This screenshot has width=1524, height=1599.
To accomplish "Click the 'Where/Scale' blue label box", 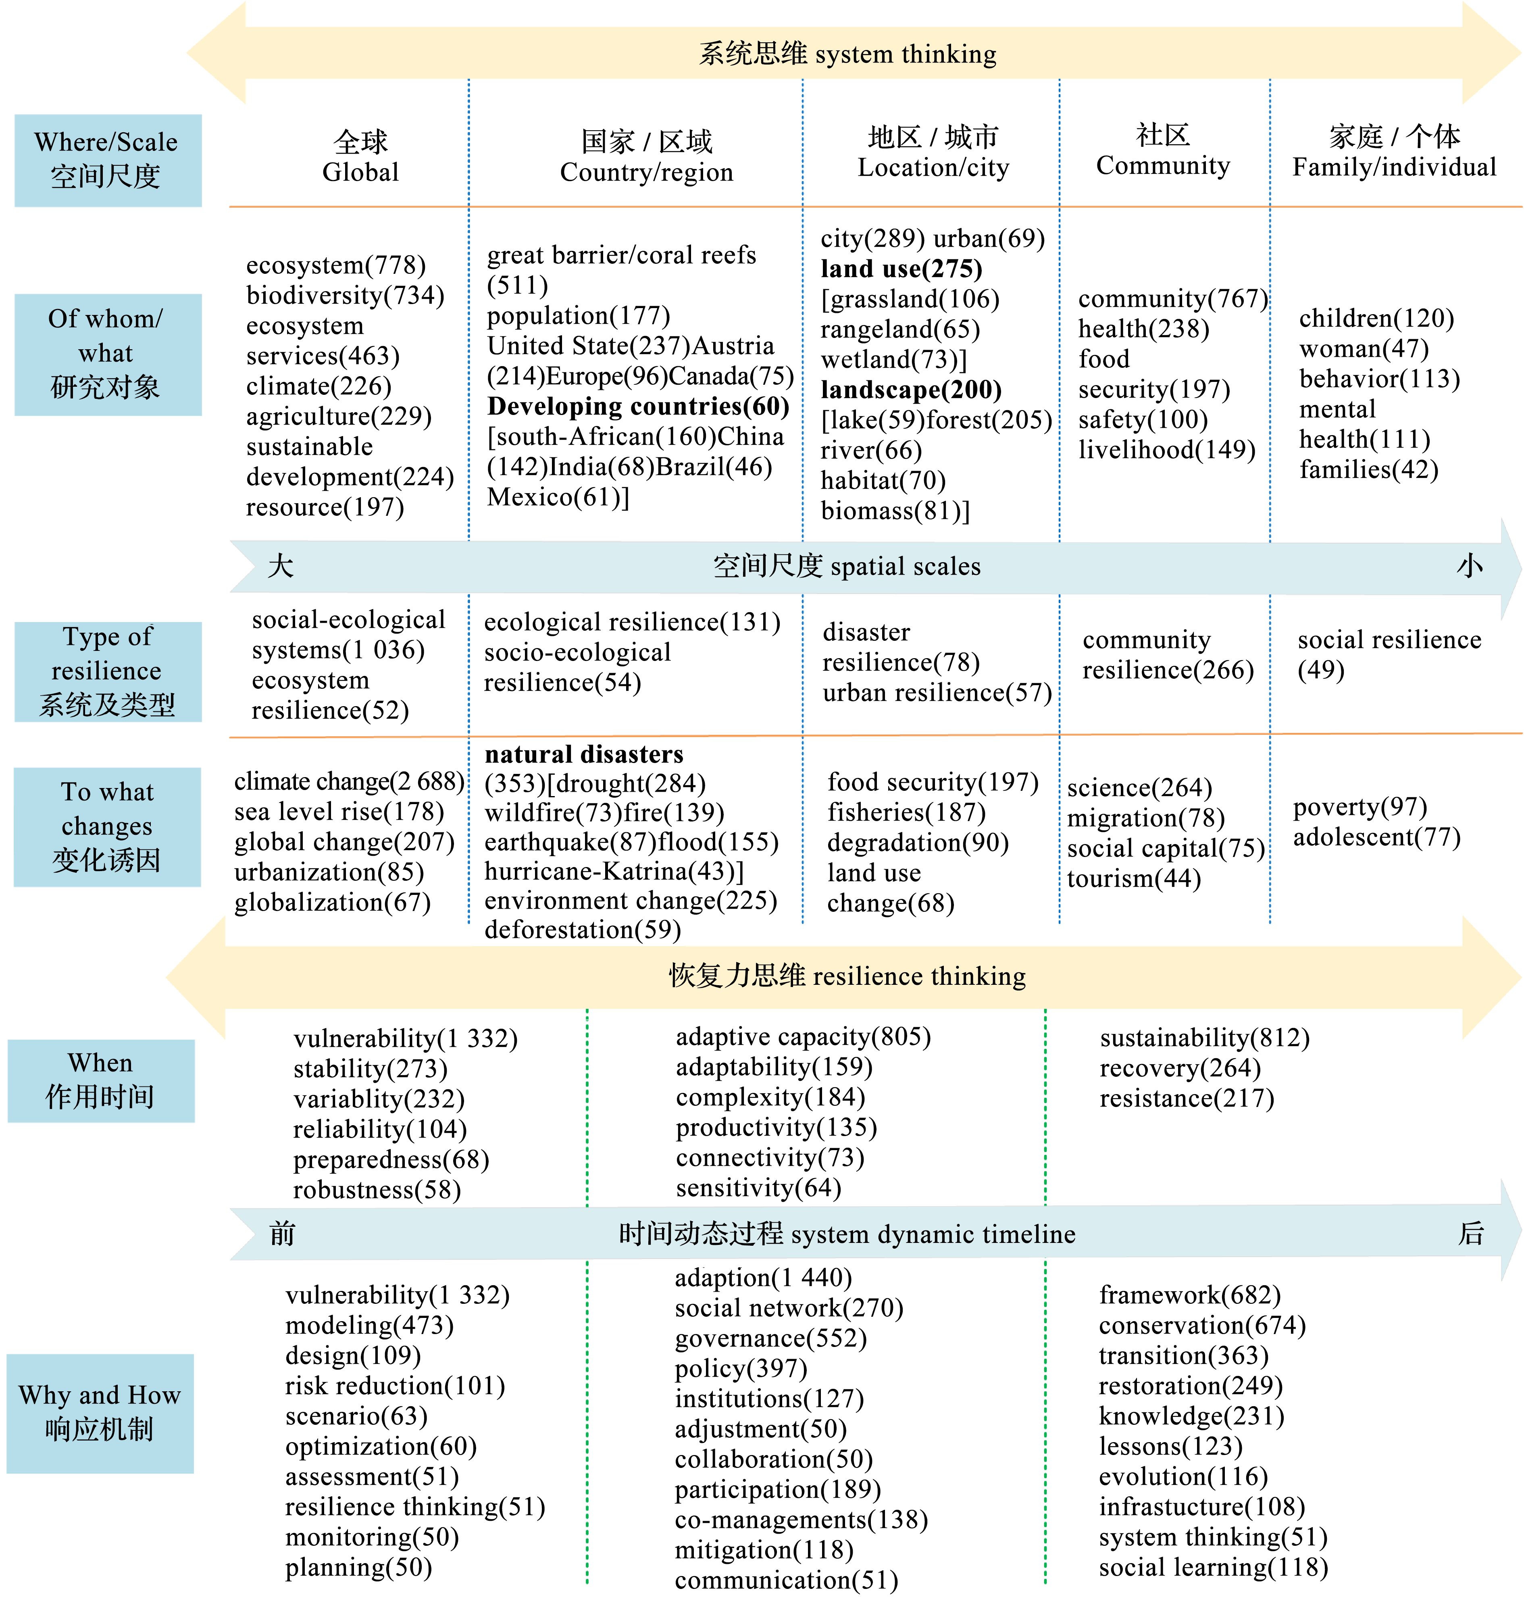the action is (108, 160).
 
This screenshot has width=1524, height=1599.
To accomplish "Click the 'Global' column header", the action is (361, 157).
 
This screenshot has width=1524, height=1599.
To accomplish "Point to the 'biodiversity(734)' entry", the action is (345, 295).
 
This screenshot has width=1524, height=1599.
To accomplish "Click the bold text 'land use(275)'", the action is (902, 269).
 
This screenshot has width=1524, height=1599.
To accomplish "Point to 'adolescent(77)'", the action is (1377, 837).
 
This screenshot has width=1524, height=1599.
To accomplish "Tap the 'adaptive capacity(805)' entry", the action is (804, 1037).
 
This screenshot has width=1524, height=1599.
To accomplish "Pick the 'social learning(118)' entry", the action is (1214, 1567).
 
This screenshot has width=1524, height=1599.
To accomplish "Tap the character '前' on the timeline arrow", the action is (283, 1233).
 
